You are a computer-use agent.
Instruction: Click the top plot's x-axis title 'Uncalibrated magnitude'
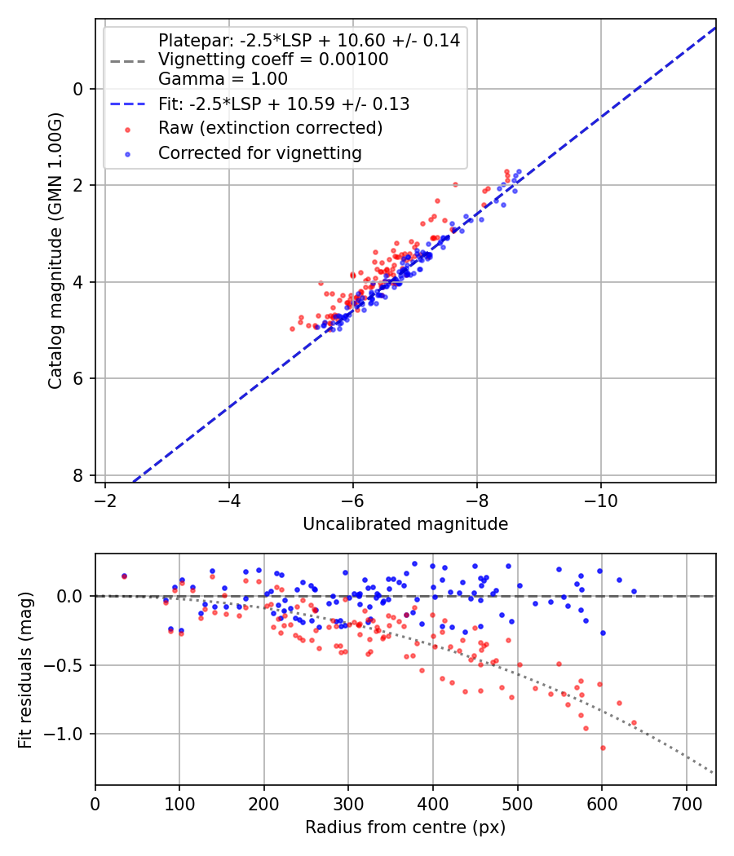(405, 524)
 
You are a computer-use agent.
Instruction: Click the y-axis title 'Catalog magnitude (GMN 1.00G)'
(55, 249)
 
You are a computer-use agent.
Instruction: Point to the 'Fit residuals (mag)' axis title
(25, 670)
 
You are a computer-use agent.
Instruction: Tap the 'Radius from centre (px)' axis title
(405, 827)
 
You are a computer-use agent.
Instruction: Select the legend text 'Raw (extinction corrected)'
(270, 128)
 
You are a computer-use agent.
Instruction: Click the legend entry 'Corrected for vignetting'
(259, 152)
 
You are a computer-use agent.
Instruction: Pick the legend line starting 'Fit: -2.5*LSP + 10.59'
(283, 104)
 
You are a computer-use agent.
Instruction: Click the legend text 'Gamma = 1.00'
(223, 79)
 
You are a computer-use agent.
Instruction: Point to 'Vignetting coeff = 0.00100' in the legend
(273, 60)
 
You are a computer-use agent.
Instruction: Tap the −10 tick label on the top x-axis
(601, 499)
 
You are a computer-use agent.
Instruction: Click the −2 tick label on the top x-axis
(104, 499)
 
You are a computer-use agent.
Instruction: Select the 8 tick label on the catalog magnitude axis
(78, 475)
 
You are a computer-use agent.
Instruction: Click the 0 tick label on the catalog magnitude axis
(78, 89)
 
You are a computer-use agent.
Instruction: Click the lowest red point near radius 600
(603, 748)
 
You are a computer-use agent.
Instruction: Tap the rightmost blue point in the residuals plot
(634, 592)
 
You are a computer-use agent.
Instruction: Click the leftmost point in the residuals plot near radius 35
(124, 576)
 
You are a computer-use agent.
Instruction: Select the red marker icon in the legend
(126, 129)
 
